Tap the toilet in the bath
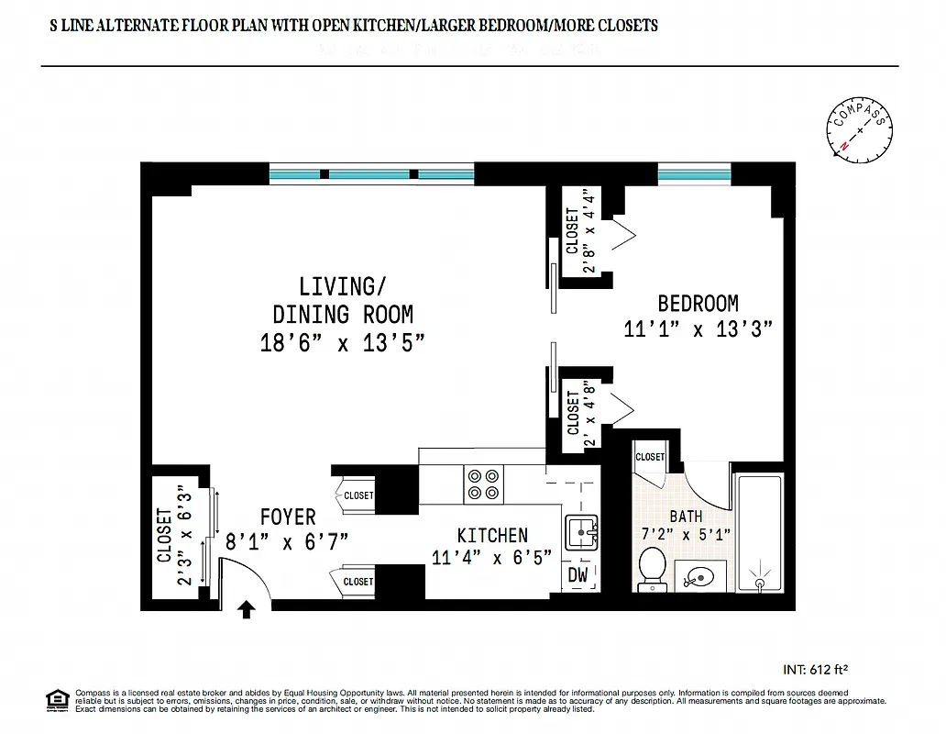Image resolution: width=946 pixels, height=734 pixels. [x=652, y=566]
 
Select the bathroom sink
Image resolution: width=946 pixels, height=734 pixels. [x=700, y=576]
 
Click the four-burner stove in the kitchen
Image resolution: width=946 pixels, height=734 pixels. [x=485, y=484]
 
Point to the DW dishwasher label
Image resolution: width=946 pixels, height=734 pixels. [x=578, y=575]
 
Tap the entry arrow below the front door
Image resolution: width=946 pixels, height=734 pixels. [x=246, y=609]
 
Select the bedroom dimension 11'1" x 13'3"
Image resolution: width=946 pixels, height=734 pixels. [x=698, y=328]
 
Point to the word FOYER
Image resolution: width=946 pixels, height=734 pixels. [x=287, y=517]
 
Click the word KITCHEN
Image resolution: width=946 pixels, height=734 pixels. [x=492, y=535]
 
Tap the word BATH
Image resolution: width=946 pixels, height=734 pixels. [x=686, y=517]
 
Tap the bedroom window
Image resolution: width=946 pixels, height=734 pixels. [x=694, y=172]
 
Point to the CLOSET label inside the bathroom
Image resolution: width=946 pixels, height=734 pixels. [x=650, y=456]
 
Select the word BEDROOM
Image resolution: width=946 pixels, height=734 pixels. [x=698, y=303]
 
